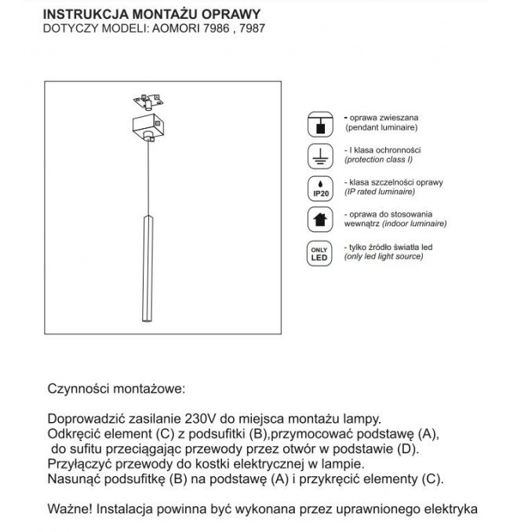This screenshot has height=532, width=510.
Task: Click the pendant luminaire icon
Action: [x=320, y=123]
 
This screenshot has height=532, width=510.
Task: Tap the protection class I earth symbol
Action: [x=320, y=155]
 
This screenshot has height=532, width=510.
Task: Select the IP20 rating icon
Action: [x=320, y=187]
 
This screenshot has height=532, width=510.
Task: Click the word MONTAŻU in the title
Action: [x=150, y=14]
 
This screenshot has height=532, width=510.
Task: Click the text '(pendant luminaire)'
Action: [x=380, y=127]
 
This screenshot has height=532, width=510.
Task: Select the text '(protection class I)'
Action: [x=382, y=160]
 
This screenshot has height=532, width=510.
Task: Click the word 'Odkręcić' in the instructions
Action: [x=77, y=434]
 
